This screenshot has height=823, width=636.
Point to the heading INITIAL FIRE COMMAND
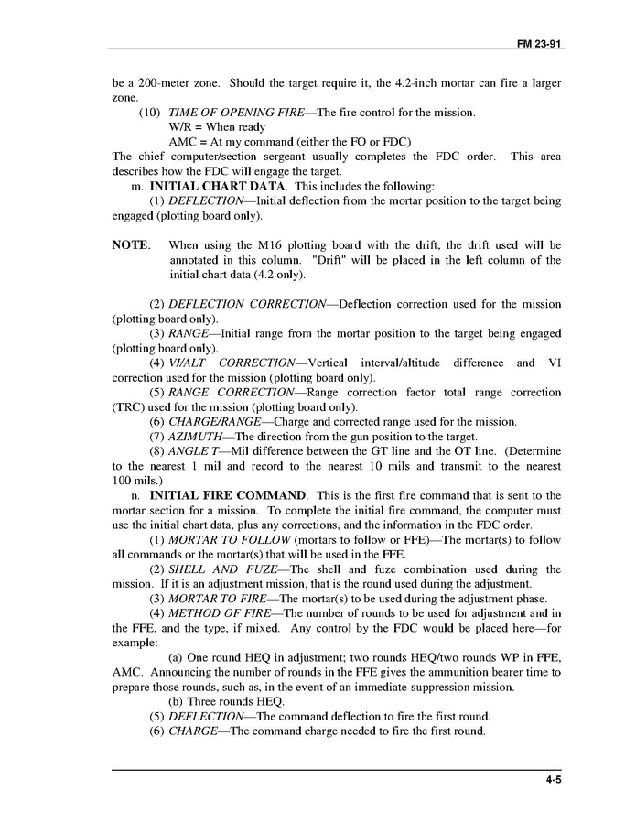(x=229, y=495)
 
